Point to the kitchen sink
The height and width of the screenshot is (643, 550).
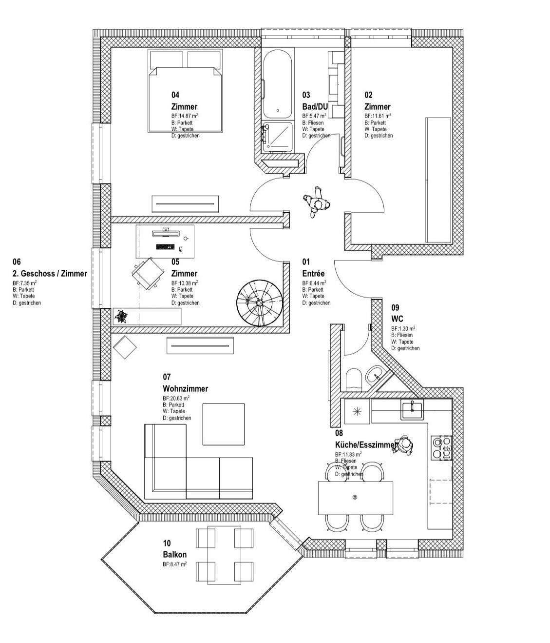point(412,409)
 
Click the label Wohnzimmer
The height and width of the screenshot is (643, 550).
point(185,389)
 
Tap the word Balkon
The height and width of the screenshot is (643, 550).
point(174,555)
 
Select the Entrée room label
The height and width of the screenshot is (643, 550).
point(313,274)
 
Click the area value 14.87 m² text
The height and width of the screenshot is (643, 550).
point(185,116)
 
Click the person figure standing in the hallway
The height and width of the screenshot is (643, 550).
point(316,201)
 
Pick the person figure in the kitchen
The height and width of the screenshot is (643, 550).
point(404,444)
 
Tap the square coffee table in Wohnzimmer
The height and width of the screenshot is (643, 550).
point(224,424)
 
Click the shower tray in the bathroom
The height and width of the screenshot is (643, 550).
point(277,137)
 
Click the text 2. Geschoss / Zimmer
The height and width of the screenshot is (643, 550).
point(50,274)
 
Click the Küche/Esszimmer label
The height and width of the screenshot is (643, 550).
point(366,445)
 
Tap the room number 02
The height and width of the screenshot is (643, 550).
point(369,95)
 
